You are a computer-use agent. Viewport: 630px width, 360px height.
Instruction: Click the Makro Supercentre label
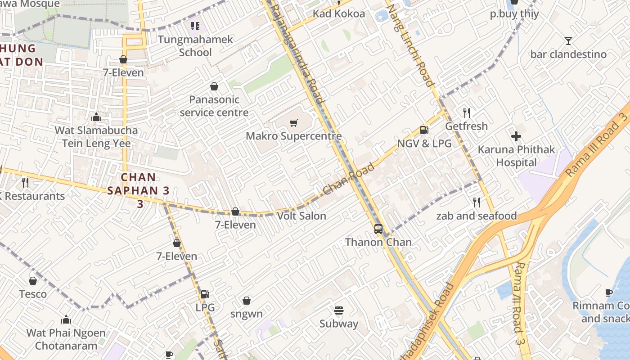pyautogui.click(x=293, y=136)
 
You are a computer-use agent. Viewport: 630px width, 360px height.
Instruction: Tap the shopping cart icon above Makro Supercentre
pyautogui.click(x=294, y=123)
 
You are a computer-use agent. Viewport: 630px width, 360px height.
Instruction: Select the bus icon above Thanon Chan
pyautogui.click(x=378, y=229)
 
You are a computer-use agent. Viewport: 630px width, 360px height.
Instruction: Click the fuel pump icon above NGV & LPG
pyautogui.click(x=424, y=130)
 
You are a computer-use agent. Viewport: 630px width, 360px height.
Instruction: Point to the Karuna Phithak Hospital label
pyautogui.click(x=516, y=156)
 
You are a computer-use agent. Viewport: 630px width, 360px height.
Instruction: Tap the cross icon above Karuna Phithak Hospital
pyautogui.click(x=516, y=136)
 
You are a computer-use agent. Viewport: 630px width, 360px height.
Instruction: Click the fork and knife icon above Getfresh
pyautogui.click(x=467, y=112)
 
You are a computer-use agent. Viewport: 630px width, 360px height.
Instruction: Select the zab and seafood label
pyautogui.click(x=477, y=216)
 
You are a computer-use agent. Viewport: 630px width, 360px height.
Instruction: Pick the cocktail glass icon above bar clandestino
pyautogui.click(x=568, y=41)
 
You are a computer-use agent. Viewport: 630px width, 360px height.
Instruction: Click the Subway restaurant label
pyautogui.click(x=339, y=324)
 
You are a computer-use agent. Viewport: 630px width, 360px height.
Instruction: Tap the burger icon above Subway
pyautogui.click(x=339, y=310)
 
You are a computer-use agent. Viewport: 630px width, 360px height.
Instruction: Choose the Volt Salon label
pyautogui.click(x=301, y=216)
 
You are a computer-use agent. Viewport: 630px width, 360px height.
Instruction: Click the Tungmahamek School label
pyautogui.click(x=195, y=46)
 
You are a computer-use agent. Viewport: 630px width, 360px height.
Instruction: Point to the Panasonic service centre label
pyautogui.click(x=214, y=106)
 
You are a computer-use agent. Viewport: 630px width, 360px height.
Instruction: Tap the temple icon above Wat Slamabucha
pyautogui.click(x=96, y=117)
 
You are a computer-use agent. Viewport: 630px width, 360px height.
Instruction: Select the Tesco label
pyautogui.click(x=33, y=294)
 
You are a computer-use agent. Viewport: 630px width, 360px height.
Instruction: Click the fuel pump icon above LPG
pyautogui.click(x=205, y=294)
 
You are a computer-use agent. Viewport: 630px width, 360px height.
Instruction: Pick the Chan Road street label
pyautogui.click(x=349, y=179)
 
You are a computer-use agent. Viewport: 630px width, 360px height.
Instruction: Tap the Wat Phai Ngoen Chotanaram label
pyautogui.click(x=66, y=339)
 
